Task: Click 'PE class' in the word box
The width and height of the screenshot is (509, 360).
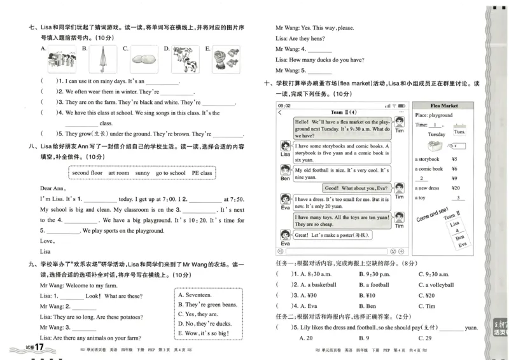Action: tap(202, 173)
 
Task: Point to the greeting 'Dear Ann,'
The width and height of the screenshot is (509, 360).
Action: tap(53, 188)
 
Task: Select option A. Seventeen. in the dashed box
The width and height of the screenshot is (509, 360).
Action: tap(199, 295)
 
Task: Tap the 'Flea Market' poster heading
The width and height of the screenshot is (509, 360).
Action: tap(443, 106)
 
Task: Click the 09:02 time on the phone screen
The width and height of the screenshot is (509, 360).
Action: tap(284, 106)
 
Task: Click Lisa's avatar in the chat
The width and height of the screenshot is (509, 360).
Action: tap(284, 148)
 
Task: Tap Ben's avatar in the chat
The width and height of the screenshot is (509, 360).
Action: tap(284, 172)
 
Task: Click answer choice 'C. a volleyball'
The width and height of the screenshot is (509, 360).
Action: tap(439, 285)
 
